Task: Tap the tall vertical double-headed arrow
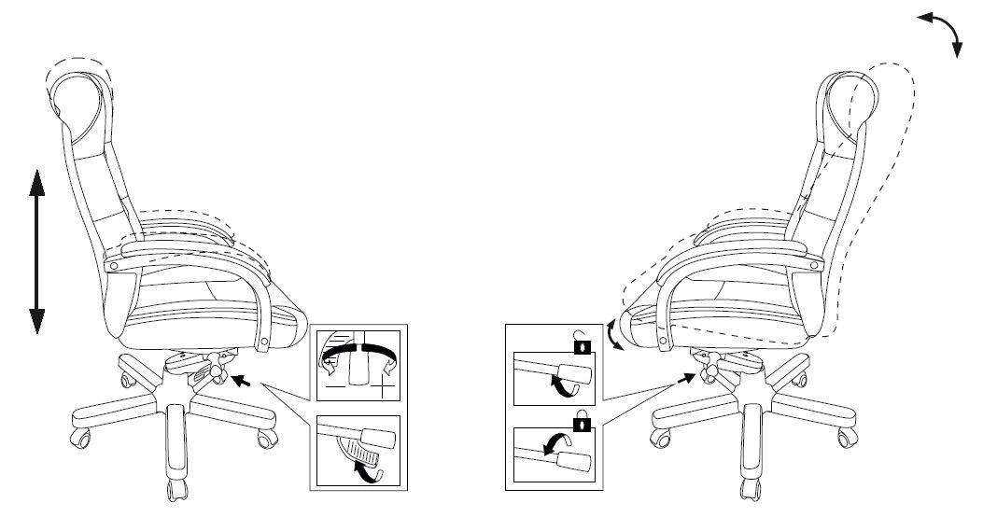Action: point(36,251)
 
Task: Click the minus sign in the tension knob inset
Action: point(333,383)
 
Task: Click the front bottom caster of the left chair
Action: point(176,489)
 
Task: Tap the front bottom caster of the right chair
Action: point(747,489)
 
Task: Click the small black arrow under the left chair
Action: point(242,380)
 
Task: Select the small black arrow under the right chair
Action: point(687,379)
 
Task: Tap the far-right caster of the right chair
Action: point(845,436)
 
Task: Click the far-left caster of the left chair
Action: point(79,435)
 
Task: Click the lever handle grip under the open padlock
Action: point(577,372)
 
